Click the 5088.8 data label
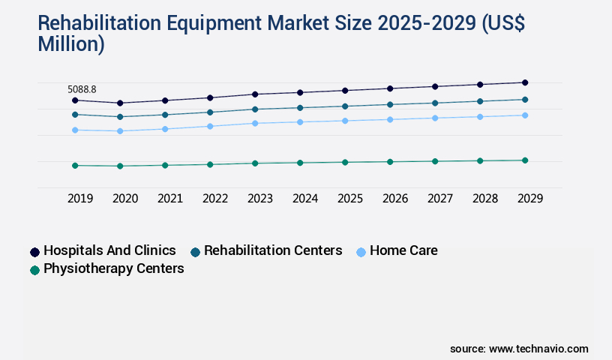pyautogui.click(x=82, y=89)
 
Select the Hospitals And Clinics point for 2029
pyautogui.click(x=525, y=82)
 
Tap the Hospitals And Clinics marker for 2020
pyautogui.click(x=120, y=103)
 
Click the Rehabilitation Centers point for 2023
pyautogui.click(x=255, y=109)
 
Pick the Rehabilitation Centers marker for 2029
pyautogui.click(x=525, y=100)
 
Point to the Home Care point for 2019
pyautogui.click(x=75, y=130)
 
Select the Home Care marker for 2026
pyautogui.click(x=390, y=119)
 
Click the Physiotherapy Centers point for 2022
pyautogui.click(x=210, y=164)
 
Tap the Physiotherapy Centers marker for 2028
pyautogui.click(x=480, y=160)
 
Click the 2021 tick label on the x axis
pyautogui.click(x=170, y=199)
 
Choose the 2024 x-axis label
pyautogui.click(x=305, y=199)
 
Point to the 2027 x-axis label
pyautogui.click(x=440, y=199)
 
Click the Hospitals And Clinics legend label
pyautogui.click(x=109, y=250)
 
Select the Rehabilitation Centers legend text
pyautogui.click(x=273, y=250)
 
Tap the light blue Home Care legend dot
pyautogui.click(x=361, y=252)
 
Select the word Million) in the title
pyautogui.click(x=71, y=43)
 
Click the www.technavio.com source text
pyautogui.click(x=538, y=349)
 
